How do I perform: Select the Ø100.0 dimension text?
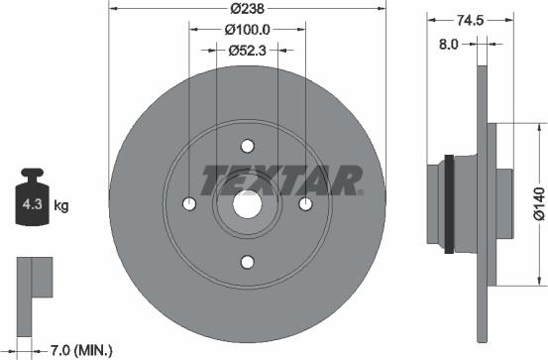click(247, 30)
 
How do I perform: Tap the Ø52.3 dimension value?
click(247, 50)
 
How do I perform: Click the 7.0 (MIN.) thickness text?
click(82, 349)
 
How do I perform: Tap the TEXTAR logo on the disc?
click(280, 180)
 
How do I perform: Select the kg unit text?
click(60, 206)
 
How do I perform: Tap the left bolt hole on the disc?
click(189, 203)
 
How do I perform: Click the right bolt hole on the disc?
click(305, 203)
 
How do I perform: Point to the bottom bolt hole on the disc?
click(247, 262)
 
